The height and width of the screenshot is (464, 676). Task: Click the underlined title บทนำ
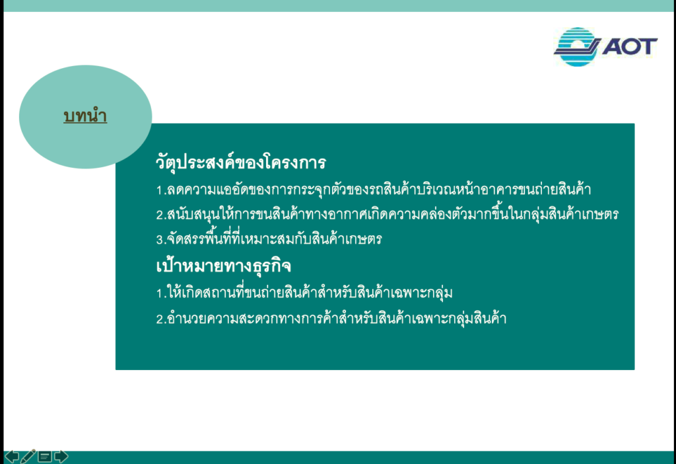[x=85, y=116]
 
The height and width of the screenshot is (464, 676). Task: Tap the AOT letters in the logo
[x=630, y=46]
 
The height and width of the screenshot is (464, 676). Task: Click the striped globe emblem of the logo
[x=577, y=47]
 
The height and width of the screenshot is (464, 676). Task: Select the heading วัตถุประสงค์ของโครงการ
[x=240, y=163]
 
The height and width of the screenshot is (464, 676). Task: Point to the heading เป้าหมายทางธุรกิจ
[x=223, y=266]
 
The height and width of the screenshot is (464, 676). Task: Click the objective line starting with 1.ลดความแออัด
[x=374, y=190]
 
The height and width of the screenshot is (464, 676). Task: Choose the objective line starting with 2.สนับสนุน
[x=387, y=214]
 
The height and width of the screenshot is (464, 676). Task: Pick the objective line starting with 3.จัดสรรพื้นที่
[x=269, y=239]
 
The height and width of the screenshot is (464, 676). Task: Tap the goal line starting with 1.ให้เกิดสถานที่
[x=304, y=293]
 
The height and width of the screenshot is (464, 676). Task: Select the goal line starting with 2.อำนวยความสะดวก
[x=331, y=319]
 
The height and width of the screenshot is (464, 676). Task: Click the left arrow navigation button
[x=12, y=456]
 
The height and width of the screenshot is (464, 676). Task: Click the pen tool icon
[x=28, y=456]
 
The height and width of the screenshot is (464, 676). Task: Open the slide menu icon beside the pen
[x=44, y=456]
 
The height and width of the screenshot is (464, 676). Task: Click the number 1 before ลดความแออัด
[x=159, y=190]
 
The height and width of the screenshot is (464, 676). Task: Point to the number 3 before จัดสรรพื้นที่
[x=159, y=239]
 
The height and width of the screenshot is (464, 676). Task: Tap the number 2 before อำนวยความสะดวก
[x=160, y=319]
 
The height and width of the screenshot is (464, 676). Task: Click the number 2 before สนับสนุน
[x=160, y=215]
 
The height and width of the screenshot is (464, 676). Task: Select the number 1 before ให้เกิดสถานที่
[x=159, y=294]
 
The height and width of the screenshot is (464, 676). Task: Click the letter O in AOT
[x=630, y=46]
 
